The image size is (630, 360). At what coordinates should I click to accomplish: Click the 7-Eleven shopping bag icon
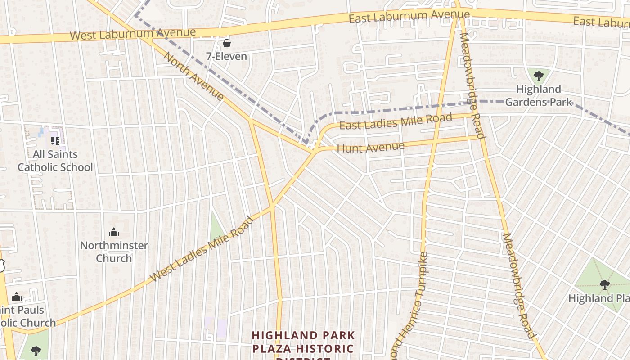pyautogui.click(x=227, y=43)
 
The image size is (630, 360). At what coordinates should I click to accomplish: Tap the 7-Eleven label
pyautogui.click(x=227, y=56)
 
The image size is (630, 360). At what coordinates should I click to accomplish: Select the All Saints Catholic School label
pyautogui.click(x=55, y=161)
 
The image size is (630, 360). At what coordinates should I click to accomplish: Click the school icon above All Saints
pyautogui.click(x=55, y=141)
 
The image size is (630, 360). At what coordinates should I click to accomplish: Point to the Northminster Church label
pyautogui.click(x=114, y=252)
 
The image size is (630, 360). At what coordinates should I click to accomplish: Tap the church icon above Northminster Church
pyautogui.click(x=114, y=232)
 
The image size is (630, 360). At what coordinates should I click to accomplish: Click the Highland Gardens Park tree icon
pyautogui.click(x=538, y=76)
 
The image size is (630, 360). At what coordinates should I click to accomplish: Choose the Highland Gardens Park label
pyautogui.click(x=539, y=95)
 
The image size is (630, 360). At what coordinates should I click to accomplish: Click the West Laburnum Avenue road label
pyautogui.click(x=133, y=34)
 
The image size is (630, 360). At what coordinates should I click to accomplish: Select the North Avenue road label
pyautogui.click(x=193, y=76)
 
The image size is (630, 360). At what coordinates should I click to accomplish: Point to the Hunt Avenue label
pyautogui.click(x=370, y=147)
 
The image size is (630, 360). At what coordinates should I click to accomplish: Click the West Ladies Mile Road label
pyautogui.click(x=202, y=249)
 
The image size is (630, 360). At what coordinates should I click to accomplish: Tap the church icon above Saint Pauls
pyautogui.click(x=17, y=297)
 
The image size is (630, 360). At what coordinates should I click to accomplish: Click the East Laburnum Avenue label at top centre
pyautogui.click(x=409, y=17)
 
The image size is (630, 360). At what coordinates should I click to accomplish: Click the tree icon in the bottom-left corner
pyautogui.click(x=36, y=351)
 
